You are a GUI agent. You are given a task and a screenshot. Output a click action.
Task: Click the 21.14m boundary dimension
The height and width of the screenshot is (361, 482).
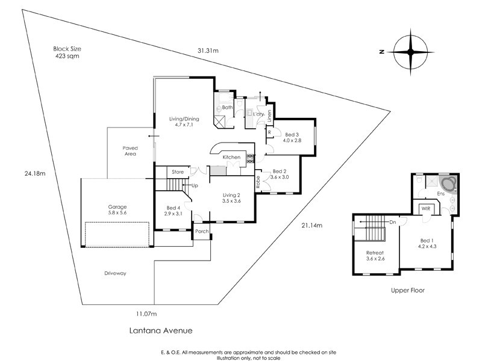(x=311, y=226)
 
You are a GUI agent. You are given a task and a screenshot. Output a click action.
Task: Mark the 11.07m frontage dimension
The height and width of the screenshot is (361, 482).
(x=146, y=313)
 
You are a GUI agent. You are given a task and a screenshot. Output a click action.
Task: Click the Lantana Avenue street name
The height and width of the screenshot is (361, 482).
(x=161, y=330)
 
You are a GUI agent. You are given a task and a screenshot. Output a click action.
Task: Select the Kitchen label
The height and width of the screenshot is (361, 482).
(x=232, y=158)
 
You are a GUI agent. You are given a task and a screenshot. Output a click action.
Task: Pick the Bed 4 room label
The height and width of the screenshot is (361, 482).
(x=174, y=211)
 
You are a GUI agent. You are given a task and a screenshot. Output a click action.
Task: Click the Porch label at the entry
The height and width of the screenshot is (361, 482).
(x=201, y=232)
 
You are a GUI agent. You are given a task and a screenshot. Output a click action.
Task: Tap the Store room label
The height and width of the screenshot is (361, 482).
(x=177, y=172)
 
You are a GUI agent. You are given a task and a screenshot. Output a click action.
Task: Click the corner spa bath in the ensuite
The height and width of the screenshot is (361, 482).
(x=447, y=183)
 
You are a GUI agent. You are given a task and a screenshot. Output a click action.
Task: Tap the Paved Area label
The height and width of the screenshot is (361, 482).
(x=130, y=150)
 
